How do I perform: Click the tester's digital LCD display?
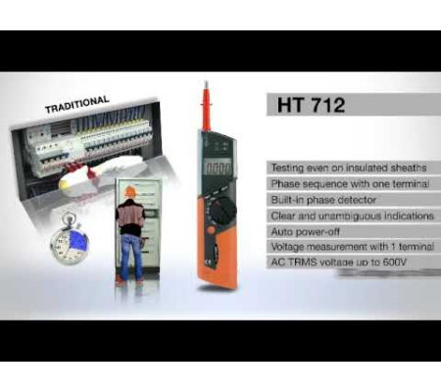tap(217, 168)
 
